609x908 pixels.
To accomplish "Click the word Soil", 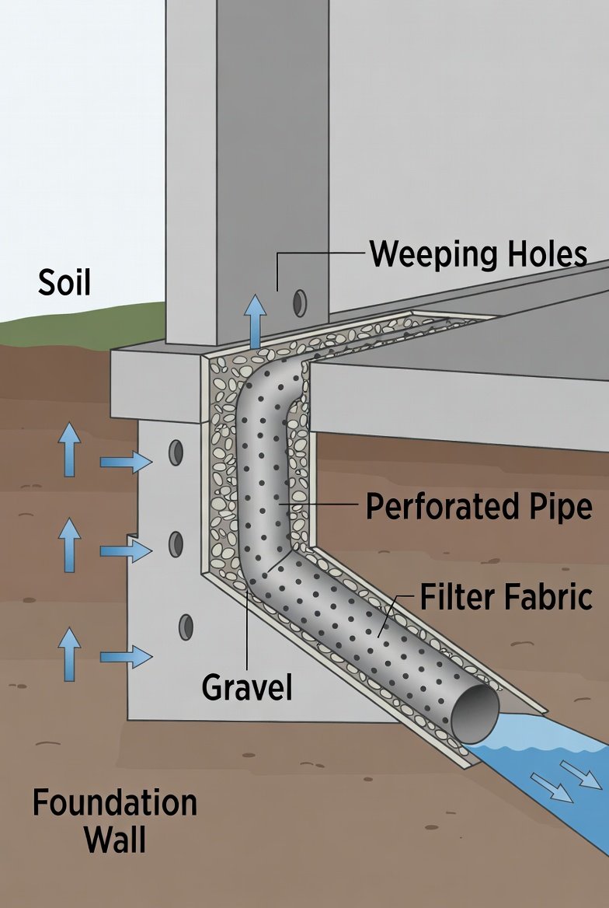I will (64, 282).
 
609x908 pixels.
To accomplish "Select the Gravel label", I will (247, 687).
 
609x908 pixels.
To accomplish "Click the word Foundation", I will (114, 802).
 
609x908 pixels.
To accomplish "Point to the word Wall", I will (114, 840).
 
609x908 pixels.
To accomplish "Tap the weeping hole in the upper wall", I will (298, 303).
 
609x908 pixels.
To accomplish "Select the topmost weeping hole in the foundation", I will (176, 452).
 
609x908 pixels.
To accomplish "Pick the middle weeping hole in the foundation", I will (176, 543).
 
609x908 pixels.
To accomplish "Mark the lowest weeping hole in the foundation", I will (186, 627).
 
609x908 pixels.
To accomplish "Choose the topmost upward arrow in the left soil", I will (70, 449).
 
